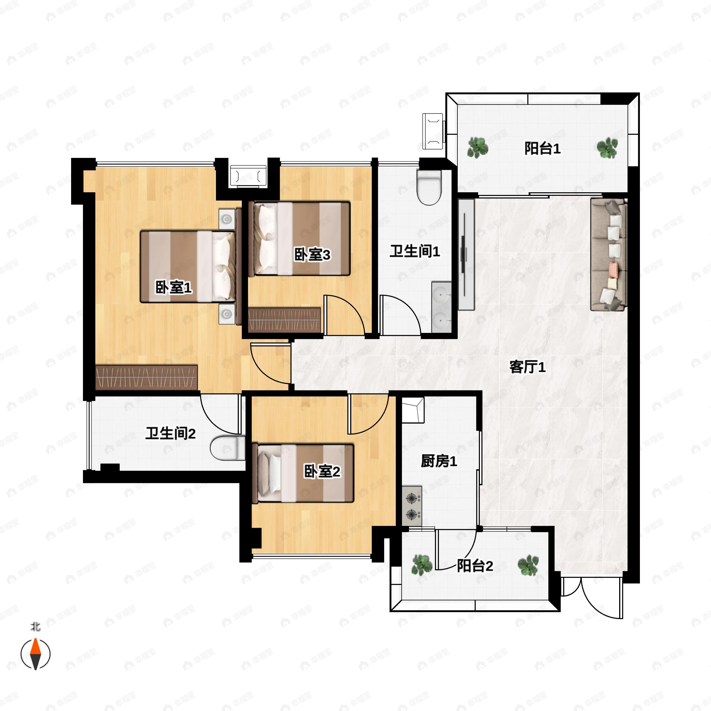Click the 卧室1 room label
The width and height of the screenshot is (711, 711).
(174, 287)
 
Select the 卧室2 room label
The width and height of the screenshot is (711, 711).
(322, 471)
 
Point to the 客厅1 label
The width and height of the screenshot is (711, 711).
(527, 367)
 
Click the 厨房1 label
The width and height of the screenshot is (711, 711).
(439, 461)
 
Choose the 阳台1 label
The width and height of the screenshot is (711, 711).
(542, 148)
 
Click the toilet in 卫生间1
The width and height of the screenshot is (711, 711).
(429, 187)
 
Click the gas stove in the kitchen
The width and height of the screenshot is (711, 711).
(412, 506)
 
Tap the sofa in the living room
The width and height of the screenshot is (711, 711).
(609, 255)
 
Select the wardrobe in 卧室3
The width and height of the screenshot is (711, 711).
(285, 320)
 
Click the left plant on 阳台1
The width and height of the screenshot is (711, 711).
(478, 148)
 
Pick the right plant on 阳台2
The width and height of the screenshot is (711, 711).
(528, 565)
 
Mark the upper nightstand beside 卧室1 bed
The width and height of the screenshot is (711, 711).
(227, 219)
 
